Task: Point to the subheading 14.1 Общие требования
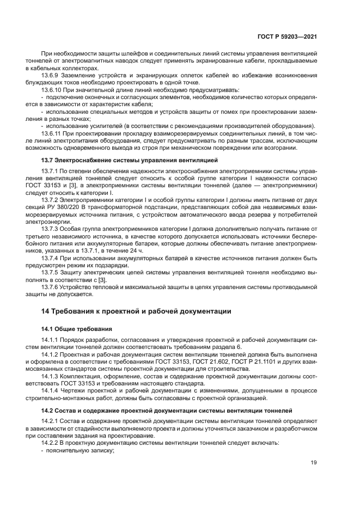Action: pos(76,329)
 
